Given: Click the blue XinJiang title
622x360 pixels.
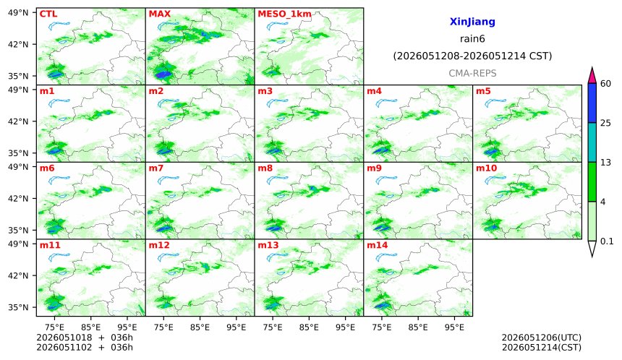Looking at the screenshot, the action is (472, 22).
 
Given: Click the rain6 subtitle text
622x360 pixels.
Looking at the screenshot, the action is (472, 39).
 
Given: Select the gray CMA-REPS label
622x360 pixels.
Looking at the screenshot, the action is (472, 73).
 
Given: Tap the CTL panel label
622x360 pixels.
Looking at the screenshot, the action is (48, 14).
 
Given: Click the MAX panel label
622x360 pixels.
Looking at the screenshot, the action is (159, 14).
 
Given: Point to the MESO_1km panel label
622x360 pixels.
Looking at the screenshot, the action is (284, 14).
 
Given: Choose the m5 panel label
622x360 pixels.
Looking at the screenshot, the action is (483, 91).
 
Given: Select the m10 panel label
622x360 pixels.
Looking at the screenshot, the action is (486, 168).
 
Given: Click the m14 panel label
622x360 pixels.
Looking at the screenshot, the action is (378, 245).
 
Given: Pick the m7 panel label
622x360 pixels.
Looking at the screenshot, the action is (156, 168).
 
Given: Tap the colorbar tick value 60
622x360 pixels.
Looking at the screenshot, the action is (606, 84).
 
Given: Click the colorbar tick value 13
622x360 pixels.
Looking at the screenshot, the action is (606, 163).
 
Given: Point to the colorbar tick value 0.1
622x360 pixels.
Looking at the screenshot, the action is (607, 241).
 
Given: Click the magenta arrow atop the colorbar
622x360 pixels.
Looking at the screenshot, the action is (592, 76).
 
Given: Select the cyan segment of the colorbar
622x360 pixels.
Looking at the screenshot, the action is (592, 142).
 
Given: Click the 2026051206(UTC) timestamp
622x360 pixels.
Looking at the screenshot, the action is (542, 338).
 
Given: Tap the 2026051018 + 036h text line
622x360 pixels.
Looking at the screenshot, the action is (85, 338).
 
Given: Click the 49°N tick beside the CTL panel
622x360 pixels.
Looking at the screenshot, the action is (18, 13).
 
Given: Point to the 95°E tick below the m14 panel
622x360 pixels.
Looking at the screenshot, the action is (454, 327).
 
